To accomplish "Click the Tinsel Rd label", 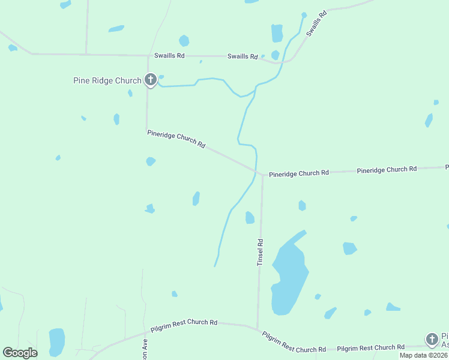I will (261, 253).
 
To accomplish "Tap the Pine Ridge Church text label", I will (107, 80).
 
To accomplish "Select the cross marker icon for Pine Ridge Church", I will (150, 79).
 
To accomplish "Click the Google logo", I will (20, 353).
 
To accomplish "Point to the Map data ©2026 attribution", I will (424, 355).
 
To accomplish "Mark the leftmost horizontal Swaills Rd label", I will (169, 55).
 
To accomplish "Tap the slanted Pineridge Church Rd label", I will (176, 139).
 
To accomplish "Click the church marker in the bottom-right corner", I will (432, 339).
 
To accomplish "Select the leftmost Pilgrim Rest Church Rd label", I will (184, 323).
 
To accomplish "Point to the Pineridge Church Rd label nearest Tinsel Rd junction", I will (299, 173).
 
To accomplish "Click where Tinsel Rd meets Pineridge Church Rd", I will (262, 175).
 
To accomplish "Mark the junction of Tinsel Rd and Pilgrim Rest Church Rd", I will (258, 329).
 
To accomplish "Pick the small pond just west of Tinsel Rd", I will (250, 218).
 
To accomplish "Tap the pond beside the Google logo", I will (56, 341).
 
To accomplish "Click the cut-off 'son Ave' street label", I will (145, 351).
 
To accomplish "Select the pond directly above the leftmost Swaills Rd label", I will (184, 41).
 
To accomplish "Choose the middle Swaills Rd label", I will (243, 56).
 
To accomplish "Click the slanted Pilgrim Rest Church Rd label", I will (294, 342).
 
